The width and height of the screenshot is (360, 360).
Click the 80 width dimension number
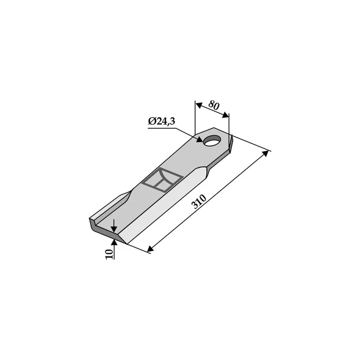point(214,105)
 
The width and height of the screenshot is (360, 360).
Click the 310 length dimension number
point(199,202)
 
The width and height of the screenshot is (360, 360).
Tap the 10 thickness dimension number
point(109,254)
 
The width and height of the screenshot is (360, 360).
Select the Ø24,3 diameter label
point(162,121)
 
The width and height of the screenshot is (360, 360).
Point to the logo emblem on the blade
point(162,180)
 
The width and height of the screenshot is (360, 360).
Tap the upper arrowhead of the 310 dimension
point(265,153)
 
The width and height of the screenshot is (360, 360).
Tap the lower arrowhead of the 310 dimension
point(151,249)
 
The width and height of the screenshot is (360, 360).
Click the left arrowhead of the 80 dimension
point(198,105)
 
